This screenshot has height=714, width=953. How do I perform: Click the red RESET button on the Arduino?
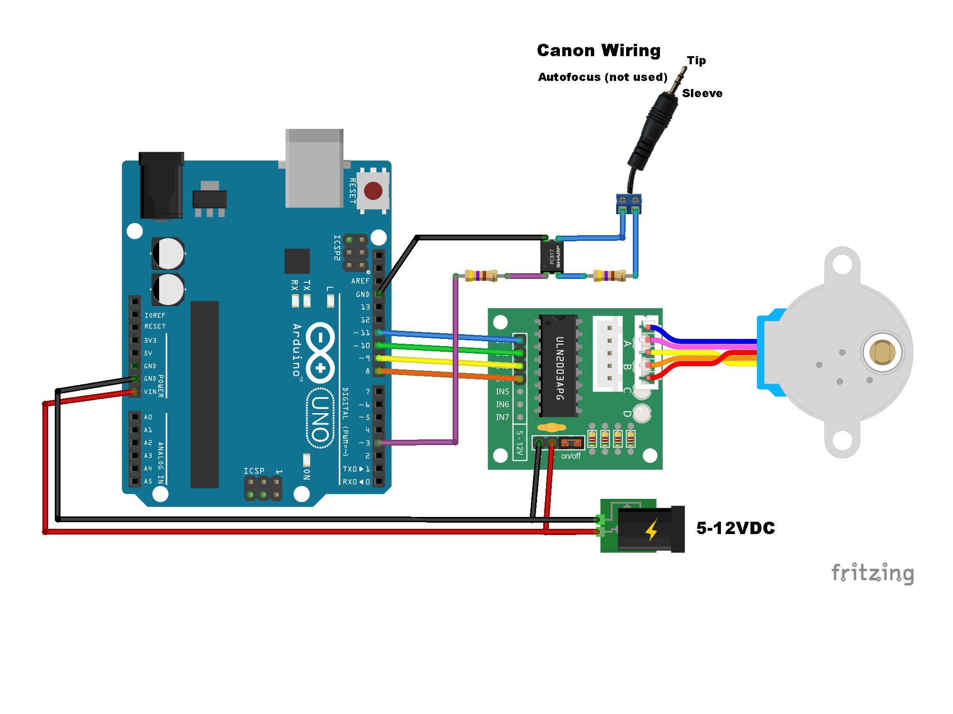(373, 191)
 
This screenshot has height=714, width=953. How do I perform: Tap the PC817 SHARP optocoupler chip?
(552, 257)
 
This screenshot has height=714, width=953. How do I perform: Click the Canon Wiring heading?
(598, 50)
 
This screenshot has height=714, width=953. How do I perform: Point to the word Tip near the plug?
(696, 60)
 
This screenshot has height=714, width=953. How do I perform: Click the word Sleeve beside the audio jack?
(702, 93)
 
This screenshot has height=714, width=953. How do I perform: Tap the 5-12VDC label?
(735, 528)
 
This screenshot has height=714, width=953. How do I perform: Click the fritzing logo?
(872, 573)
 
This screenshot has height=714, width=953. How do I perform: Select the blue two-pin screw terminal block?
(629, 204)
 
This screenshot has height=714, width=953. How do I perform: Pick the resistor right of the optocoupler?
(609, 276)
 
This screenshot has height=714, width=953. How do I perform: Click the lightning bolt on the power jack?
(651, 530)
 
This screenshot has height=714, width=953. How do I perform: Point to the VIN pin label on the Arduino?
(150, 392)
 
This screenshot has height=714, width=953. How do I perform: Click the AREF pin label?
(360, 281)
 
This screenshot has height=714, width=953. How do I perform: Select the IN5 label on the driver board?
(502, 392)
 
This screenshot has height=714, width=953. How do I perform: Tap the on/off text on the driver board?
(570, 456)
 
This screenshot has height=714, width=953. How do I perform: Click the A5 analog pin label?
(148, 481)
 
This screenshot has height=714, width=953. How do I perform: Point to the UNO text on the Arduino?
(320, 418)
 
